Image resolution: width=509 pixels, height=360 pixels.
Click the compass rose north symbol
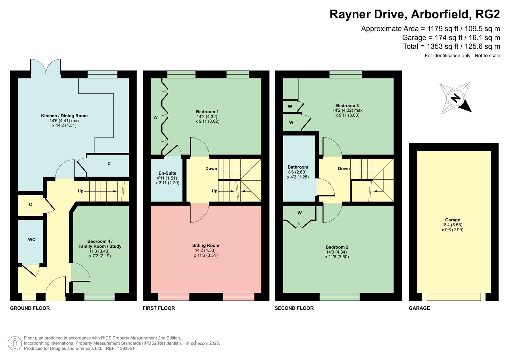click(x=455, y=98)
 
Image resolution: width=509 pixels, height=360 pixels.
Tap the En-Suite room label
click(x=167, y=173)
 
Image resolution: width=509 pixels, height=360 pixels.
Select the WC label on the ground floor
click(x=32, y=240)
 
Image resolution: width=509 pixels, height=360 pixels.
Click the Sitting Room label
click(x=206, y=245)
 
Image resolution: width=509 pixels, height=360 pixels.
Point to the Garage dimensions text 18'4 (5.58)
click(x=452, y=225)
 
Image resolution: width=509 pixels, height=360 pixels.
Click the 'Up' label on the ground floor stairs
click(x=80, y=191)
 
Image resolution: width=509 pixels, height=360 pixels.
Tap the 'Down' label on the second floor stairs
click(x=344, y=169)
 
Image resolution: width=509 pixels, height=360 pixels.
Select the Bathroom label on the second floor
click(x=298, y=167)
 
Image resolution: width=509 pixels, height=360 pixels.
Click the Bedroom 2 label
click(x=337, y=247)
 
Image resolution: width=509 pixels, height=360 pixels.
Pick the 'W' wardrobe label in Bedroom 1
click(x=155, y=117)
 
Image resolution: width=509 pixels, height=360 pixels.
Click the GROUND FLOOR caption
click(x=30, y=308)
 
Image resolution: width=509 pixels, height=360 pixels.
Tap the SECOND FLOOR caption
click(x=294, y=308)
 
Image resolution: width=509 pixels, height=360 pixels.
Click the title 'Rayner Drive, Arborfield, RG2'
click(x=415, y=14)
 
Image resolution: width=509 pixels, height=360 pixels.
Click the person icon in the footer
click(x=15, y=343)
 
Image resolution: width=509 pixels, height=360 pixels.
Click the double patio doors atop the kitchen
click(x=46, y=66)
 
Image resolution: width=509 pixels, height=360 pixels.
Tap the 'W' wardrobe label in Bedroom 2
click(x=300, y=213)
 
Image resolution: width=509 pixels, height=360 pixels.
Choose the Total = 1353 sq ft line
click(x=451, y=46)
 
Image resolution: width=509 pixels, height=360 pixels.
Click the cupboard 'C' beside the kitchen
click(x=109, y=164)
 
